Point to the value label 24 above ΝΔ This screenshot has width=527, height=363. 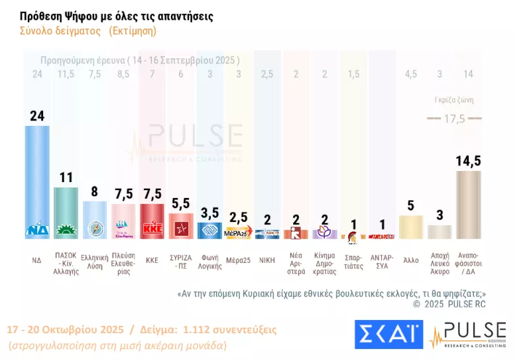click(x=37, y=116)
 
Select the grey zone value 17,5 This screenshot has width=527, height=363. click(x=454, y=119)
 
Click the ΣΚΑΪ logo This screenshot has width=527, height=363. click(x=388, y=334)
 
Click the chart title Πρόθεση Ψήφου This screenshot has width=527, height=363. click(x=117, y=15)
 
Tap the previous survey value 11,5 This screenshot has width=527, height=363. click(x=66, y=74)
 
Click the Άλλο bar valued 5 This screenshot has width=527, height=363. click(x=411, y=227)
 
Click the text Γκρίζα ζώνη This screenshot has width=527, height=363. click(x=454, y=101)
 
